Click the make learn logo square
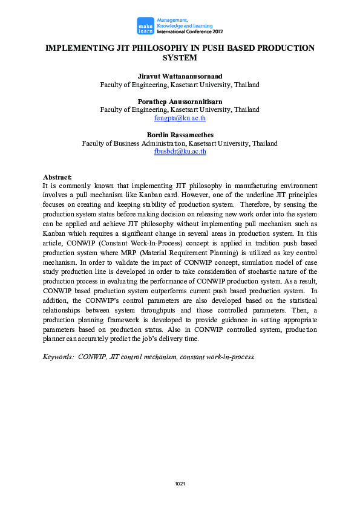click(x=145, y=25)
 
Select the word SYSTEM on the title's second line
click(x=180, y=58)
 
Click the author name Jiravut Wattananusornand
click(x=180, y=77)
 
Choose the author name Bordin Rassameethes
click(x=180, y=135)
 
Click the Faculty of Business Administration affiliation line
click(x=180, y=143)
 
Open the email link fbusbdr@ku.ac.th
click(x=180, y=152)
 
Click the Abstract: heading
click(x=57, y=177)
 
